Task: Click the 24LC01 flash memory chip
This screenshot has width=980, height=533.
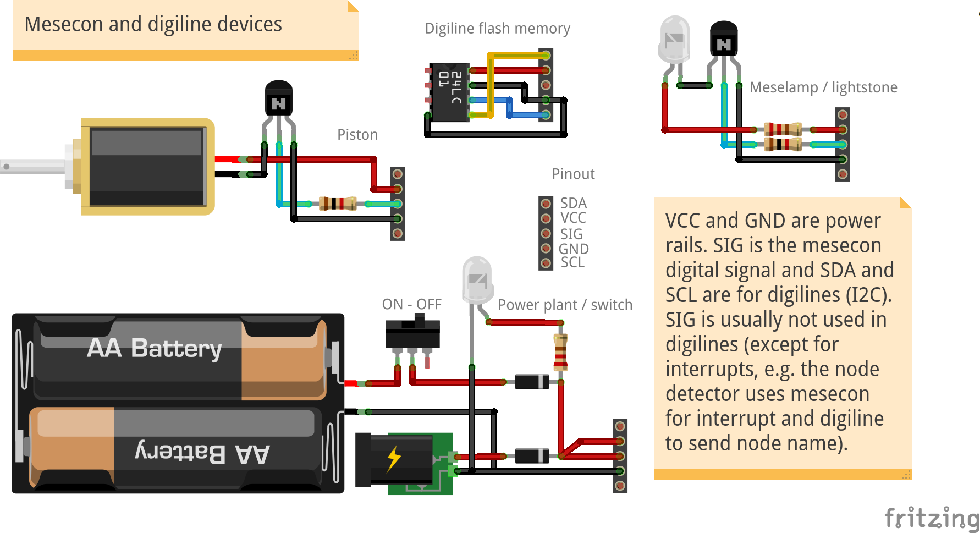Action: pyautogui.click(x=449, y=91)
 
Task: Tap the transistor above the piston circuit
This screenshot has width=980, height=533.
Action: pyautogui.click(x=279, y=99)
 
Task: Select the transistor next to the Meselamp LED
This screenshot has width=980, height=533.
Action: pyautogui.click(x=724, y=40)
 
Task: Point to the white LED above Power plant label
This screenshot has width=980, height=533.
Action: pyautogui.click(x=477, y=281)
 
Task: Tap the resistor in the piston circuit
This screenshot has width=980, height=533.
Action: pyautogui.click(x=338, y=204)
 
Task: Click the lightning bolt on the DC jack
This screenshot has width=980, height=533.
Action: pyautogui.click(x=393, y=459)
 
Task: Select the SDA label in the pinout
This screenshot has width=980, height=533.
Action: pyautogui.click(x=573, y=203)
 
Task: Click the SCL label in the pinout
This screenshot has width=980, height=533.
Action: pyautogui.click(x=572, y=262)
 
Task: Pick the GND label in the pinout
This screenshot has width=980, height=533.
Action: pyautogui.click(x=574, y=249)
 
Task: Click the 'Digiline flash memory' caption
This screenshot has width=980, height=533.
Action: pyautogui.click(x=497, y=29)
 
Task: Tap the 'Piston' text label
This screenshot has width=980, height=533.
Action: pyautogui.click(x=357, y=135)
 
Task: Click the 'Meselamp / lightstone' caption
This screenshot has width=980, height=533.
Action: pyautogui.click(x=823, y=87)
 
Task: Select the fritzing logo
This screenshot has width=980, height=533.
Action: pyautogui.click(x=931, y=518)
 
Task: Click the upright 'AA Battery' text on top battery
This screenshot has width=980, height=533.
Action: pyautogui.click(x=155, y=348)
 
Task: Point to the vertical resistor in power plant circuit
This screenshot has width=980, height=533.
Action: pyautogui.click(x=560, y=352)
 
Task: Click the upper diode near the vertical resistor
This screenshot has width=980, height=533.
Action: pyautogui.click(x=532, y=381)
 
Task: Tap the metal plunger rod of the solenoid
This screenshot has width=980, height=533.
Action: pyautogui.click(x=33, y=166)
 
